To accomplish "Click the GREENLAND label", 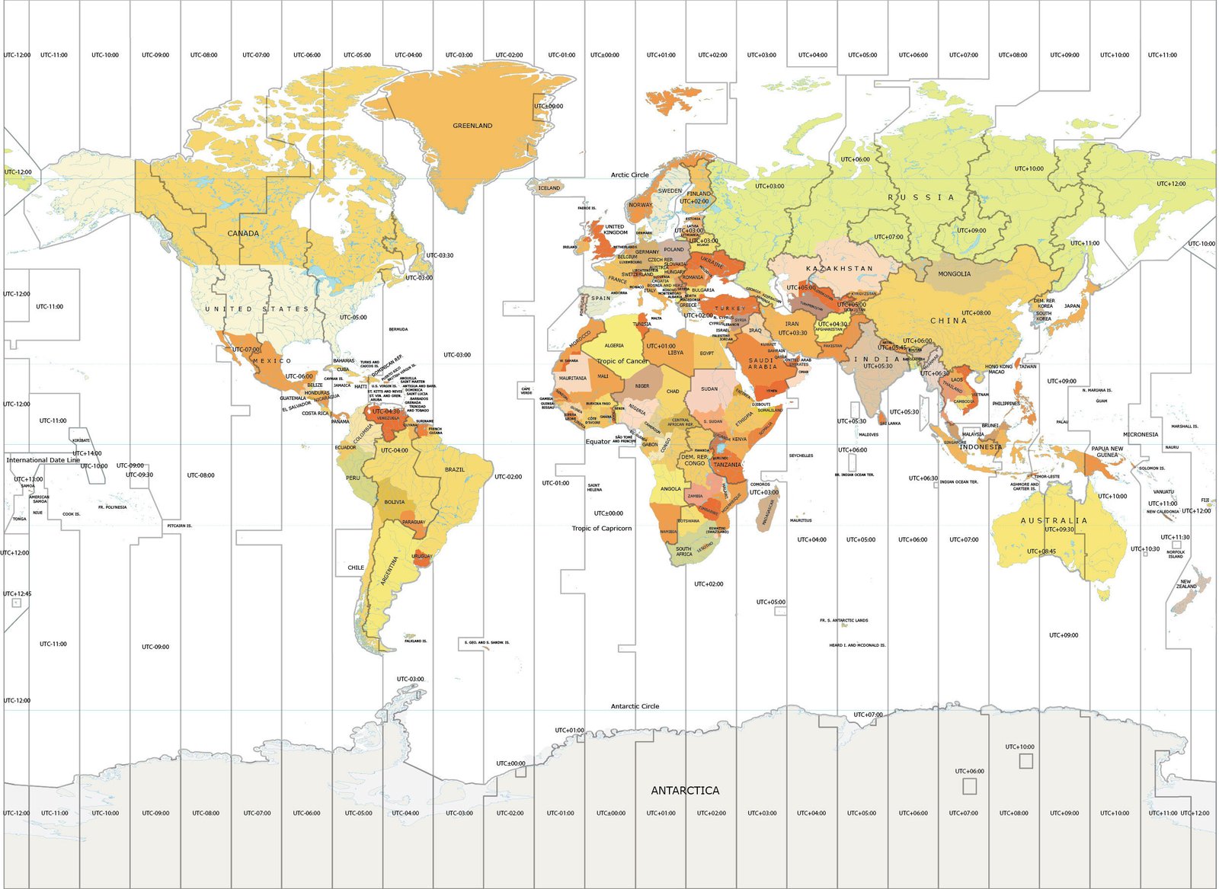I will (x=472, y=126).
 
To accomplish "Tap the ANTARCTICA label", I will (x=684, y=791).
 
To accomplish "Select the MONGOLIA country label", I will (x=954, y=273).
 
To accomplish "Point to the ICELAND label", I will (x=549, y=187).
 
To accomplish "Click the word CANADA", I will (x=243, y=233).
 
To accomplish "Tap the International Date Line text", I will (x=43, y=460).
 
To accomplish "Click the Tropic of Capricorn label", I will (x=601, y=528).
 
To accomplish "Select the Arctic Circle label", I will (x=629, y=174).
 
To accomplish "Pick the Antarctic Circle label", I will (x=635, y=706).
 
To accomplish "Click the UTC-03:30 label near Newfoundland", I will (x=440, y=255).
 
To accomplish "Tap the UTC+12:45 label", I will (x=17, y=593).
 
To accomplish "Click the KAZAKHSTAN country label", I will (x=840, y=269).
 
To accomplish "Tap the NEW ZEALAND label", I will (x=1186, y=584).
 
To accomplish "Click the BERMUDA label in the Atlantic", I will (x=398, y=329).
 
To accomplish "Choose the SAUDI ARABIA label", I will (x=762, y=363).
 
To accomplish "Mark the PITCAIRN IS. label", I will (x=180, y=526).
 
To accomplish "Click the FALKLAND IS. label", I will (x=415, y=641).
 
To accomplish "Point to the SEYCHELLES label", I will (x=801, y=456).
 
